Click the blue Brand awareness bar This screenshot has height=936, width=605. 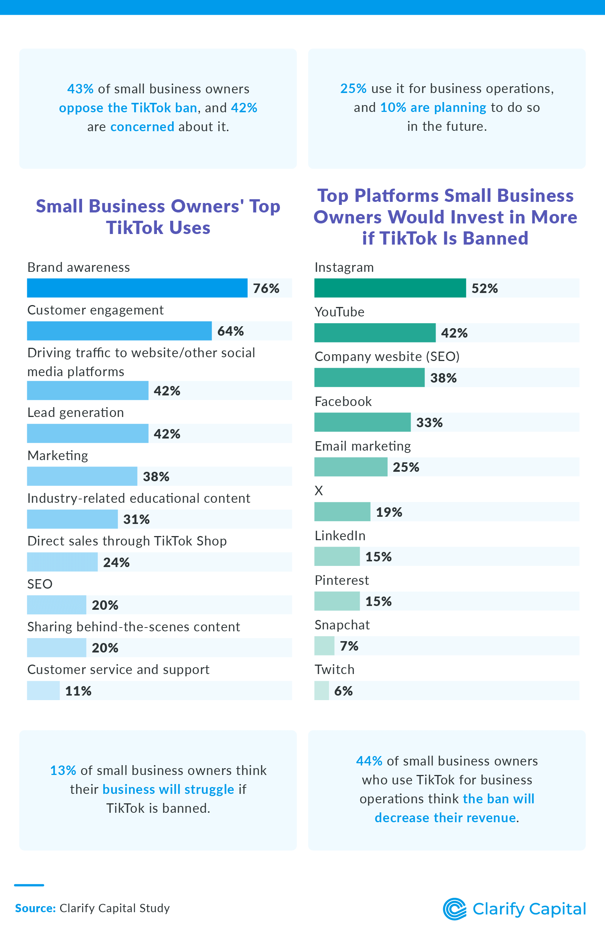(x=137, y=288)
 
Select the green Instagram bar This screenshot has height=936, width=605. (x=390, y=288)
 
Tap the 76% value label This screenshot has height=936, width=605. (x=266, y=288)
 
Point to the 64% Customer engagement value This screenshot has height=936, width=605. (x=231, y=331)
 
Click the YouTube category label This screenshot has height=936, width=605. (x=340, y=312)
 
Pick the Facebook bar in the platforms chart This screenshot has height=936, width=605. (x=362, y=422)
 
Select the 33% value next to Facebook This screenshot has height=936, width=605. (x=430, y=423)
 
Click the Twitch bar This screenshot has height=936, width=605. (x=321, y=691)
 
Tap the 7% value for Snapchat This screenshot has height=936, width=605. (x=349, y=646)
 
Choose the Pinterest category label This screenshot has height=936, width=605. (x=342, y=580)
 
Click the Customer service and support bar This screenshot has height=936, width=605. (x=43, y=691)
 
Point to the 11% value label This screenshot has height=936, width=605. (x=78, y=691)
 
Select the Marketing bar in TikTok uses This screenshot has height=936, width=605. (x=82, y=476)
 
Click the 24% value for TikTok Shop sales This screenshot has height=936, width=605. (x=116, y=563)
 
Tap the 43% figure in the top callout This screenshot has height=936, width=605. (x=80, y=89)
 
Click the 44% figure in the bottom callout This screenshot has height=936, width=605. (x=369, y=761)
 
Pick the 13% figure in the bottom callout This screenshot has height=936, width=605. (x=63, y=770)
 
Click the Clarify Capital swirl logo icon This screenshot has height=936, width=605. (x=455, y=909)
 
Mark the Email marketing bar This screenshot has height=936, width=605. (x=351, y=467)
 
